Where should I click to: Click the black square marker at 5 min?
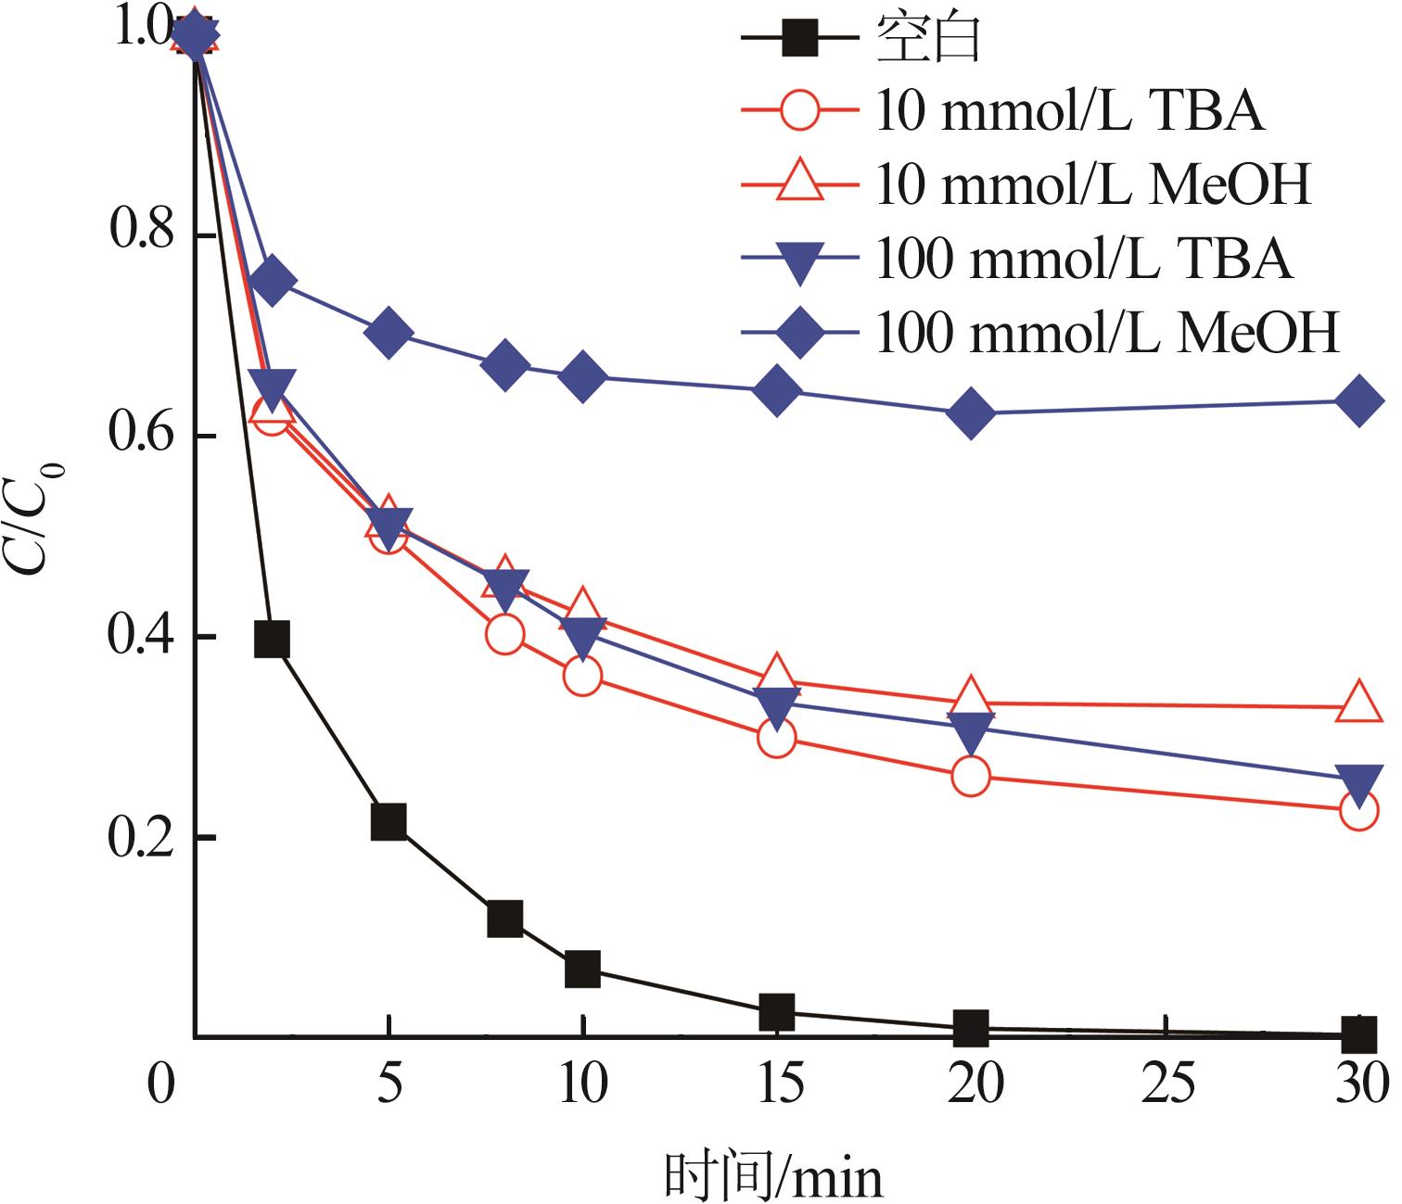pos(389,822)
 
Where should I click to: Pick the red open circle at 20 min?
pos(970,776)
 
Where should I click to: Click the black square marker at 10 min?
pos(582,970)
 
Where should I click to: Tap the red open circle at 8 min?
pos(504,634)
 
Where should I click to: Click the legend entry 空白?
pos(928,39)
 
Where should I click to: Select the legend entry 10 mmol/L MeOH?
pos(1093,184)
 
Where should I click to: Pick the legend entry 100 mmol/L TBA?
pos(1083,259)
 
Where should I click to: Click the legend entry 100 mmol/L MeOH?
pos(1107,332)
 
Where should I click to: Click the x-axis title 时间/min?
pos(775,1175)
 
